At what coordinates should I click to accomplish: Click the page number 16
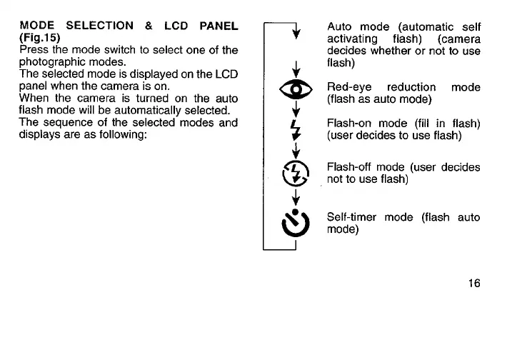pyautogui.click(x=473, y=283)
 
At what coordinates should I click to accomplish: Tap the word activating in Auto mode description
pyautogui.click(x=352, y=39)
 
